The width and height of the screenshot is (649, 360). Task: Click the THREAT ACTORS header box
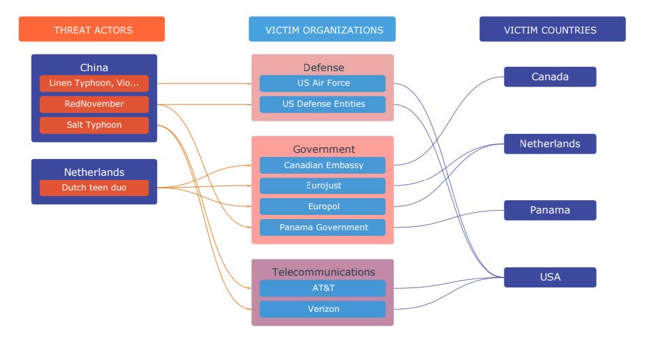(x=92, y=29)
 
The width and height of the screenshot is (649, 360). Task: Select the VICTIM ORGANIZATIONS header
(x=322, y=29)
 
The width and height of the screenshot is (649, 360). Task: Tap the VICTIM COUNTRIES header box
(x=553, y=29)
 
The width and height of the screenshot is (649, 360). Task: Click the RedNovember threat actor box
(x=94, y=104)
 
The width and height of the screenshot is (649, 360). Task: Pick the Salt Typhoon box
(x=94, y=125)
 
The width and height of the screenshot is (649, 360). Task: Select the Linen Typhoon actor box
(x=94, y=83)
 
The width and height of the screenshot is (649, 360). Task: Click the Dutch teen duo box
(x=94, y=188)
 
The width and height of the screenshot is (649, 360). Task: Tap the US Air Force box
(x=322, y=83)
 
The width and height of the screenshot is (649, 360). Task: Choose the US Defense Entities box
(x=322, y=104)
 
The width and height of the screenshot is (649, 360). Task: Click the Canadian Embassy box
(x=322, y=165)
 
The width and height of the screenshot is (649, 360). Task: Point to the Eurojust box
(x=322, y=186)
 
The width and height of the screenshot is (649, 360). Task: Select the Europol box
(x=322, y=207)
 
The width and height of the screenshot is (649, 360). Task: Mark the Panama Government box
(x=322, y=227)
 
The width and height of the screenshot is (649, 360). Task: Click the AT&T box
(x=322, y=288)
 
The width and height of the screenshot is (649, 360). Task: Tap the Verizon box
(x=322, y=309)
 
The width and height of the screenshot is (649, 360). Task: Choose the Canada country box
(x=550, y=77)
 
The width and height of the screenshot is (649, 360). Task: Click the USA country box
(x=550, y=277)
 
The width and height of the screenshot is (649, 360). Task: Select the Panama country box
(x=550, y=210)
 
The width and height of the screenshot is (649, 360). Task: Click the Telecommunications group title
(x=324, y=272)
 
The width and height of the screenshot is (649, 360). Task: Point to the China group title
(x=94, y=68)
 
